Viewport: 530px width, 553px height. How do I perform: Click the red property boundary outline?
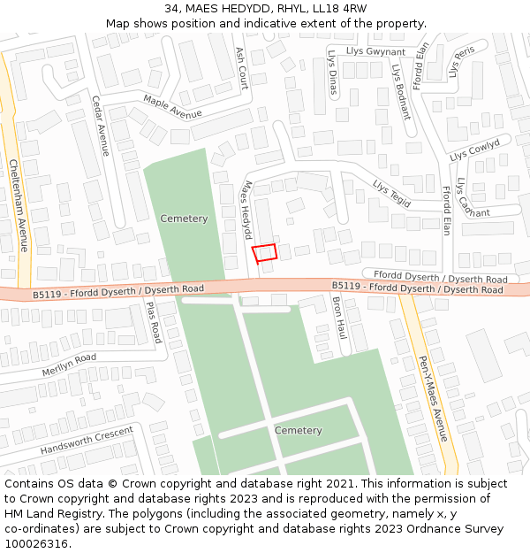[265, 253]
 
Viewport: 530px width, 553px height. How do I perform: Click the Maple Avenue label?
[172, 107]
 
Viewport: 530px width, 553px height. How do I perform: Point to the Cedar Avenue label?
[100, 126]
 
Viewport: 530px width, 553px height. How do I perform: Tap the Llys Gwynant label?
[376, 52]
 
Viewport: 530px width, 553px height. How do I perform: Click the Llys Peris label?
[461, 62]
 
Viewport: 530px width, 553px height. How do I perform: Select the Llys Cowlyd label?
[475, 150]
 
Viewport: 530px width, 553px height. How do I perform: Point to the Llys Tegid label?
[392, 193]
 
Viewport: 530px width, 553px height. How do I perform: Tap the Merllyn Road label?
[69, 365]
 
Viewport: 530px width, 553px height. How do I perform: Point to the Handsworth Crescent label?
[87, 440]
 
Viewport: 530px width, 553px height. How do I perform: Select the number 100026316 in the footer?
[36, 543]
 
